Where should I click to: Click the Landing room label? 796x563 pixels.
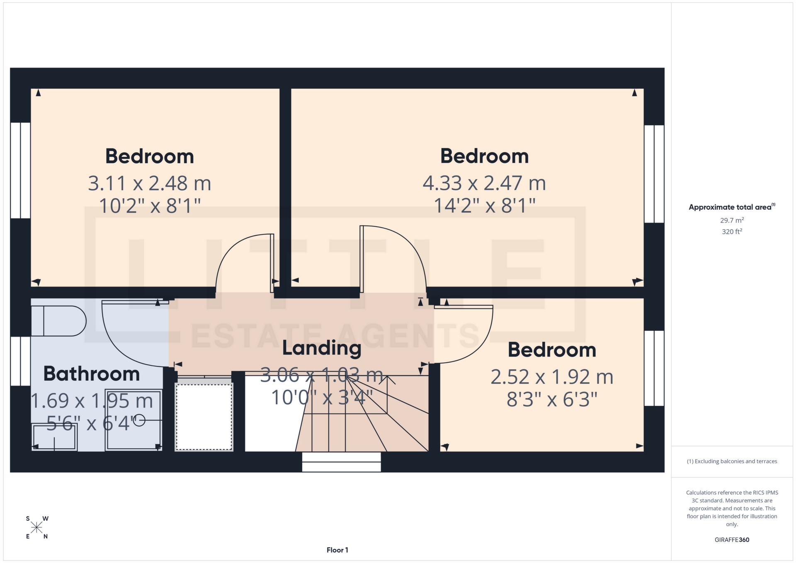[322, 348]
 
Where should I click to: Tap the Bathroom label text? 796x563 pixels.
[92, 374]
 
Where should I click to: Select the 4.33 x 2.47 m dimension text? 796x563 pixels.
[484, 183]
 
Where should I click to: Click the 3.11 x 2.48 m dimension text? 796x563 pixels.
[150, 183]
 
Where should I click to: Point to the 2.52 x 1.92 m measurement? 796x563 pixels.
[552, 377]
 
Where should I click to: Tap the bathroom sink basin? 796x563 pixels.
[54, 437]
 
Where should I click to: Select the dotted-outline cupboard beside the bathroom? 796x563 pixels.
[204, 417]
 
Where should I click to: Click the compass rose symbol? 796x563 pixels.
[37, 527]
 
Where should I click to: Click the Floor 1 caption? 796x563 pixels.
[337, 550]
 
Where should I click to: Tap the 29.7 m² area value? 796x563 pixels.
[732, 220]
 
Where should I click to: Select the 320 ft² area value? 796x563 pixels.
[732, 232]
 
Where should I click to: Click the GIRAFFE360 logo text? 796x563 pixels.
[732, 540]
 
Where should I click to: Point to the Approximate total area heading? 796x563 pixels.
[732, 207]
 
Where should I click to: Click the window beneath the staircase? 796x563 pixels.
[341, 462]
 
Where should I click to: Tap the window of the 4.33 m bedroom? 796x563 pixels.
[654, 174]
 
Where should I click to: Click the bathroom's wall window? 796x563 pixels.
[20, 361]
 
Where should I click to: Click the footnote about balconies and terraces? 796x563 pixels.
[732, 461]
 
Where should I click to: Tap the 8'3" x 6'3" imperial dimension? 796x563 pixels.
[552, 400]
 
